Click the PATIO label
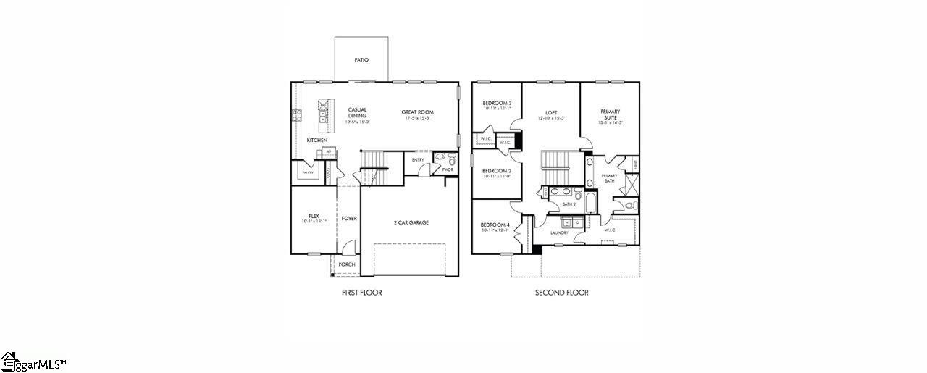click(x=361, y=60)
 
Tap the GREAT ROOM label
click(x=418, y=112)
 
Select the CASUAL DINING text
click(x=357, y=113)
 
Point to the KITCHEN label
click(x=316, y=140)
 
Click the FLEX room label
click(x=314, y=216)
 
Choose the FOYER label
click(x=349, y=218)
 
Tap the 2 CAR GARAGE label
click(x=411, y=222)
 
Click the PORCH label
click(x=347, y=264)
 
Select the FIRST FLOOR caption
click(x=361, y=293)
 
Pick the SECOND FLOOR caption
click(x=561, y=293)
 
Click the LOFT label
click(x=551, y=113)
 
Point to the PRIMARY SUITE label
click(x=610, y=114)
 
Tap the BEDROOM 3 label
click(x=497, y=104)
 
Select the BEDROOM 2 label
click(x=497, y=171)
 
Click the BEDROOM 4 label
click(x=496, y=225)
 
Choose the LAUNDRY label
click(x=559, y=232)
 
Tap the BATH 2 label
click(x=569, y=205)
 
